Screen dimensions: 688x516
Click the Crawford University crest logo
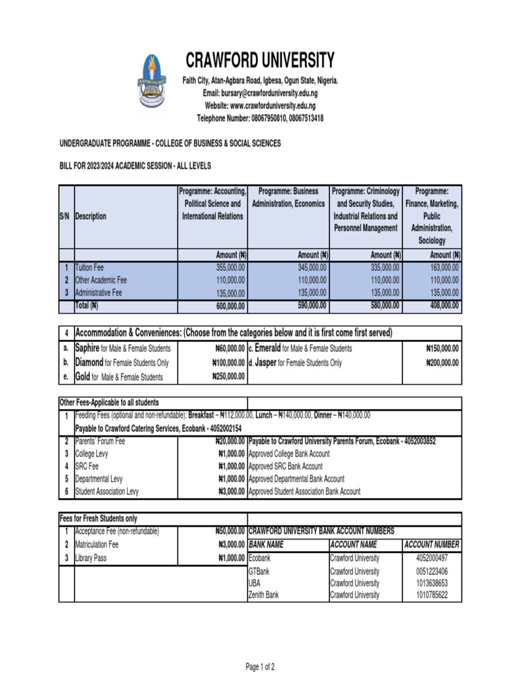(x=153, y=82)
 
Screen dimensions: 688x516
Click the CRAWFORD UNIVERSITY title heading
(x=260, y=61)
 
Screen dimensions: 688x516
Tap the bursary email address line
(x=260, y=93)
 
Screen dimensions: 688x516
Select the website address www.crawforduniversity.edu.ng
(x=260, y=105)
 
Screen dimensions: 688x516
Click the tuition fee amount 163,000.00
(x=444, y=267)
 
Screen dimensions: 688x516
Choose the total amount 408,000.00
(x=444, y=306)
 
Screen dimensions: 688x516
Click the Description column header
(x=91, y=217)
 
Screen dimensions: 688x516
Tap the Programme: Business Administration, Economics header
(x=288, y=198)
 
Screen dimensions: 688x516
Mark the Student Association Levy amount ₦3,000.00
(x=227, y=492)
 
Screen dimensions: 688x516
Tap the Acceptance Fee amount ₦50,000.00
(x=225, y=531)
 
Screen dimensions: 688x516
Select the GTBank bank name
(x=259, y=572)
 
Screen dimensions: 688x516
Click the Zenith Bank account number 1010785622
(x=431, y=595)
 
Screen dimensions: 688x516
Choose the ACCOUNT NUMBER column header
(x=431, y=544)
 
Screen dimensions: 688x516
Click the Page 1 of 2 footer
(x=260, y=667)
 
